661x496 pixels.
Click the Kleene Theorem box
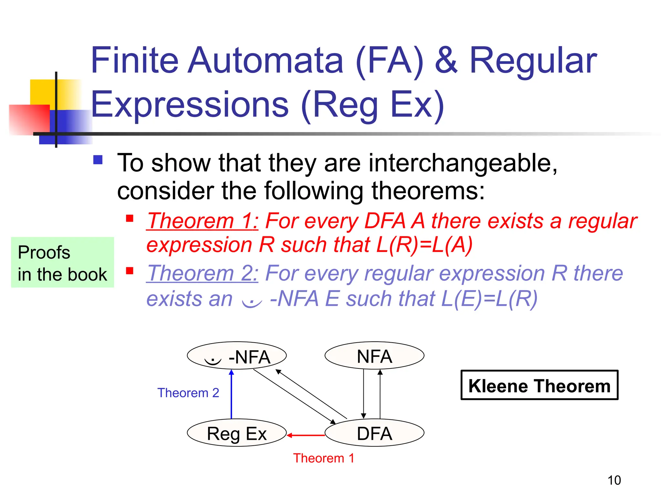[x=539, y=385]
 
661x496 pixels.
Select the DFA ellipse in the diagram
[x=374, y=433]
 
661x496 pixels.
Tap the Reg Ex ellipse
[x=237, y=433]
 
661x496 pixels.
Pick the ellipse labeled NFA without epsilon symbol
[x=374, y=356]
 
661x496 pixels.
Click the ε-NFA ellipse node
[x=237, y=356]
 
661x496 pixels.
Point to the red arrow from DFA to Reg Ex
[x=306, y=435]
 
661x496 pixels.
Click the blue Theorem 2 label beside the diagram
[x=188, y=393]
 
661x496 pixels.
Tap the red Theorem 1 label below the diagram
[x=324, y=458]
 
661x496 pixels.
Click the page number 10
[x=614, y=480]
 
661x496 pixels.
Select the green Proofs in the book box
[x=62, y=262]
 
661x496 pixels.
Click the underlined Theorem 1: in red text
[x=202, y=221]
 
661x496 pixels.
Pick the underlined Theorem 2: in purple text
[x=202, y=274]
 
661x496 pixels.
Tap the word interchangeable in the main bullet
[x=463, y=163]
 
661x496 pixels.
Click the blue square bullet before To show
[x=98, y=160]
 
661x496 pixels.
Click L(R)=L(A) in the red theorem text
[x=424, y=245]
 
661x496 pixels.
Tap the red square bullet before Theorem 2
[x=130, y=271]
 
